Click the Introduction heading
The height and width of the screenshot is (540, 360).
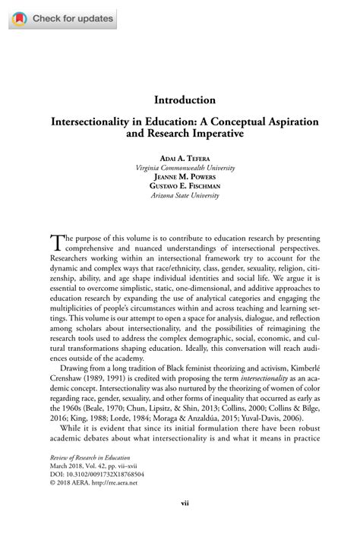tap(185, 100)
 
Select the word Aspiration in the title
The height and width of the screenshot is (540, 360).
tap(282, 122)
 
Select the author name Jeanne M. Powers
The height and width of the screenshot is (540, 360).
tap(185, 175)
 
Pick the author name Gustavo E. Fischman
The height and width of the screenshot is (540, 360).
tap(185, 185)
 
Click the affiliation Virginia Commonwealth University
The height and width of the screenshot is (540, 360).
tap(185, 166)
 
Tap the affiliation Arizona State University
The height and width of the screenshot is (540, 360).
tap(185, 195)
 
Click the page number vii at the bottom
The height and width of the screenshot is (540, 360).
tap(185, 523)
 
